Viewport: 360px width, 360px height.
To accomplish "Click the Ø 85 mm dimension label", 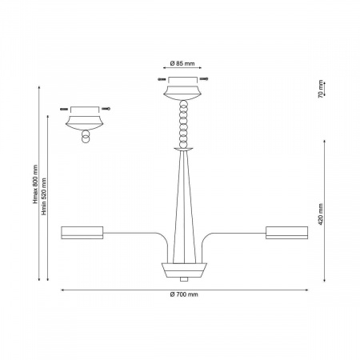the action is coord(182,63).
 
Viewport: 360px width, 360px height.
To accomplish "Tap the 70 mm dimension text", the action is coord(321,89).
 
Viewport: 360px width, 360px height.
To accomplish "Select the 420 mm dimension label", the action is coord(321,214).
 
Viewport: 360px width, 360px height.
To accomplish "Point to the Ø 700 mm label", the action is coord(184,294).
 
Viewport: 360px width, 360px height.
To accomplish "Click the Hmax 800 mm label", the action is coord(35,184).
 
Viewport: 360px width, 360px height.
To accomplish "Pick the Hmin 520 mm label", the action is coord(44,196).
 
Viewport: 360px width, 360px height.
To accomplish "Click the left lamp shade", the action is coord(82,233).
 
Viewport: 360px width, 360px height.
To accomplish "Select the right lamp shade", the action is coord(286,233).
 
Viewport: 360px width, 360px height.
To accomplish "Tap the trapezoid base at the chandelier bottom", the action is coord(184,270).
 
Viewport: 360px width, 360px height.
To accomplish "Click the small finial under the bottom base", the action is coord(184,279).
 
